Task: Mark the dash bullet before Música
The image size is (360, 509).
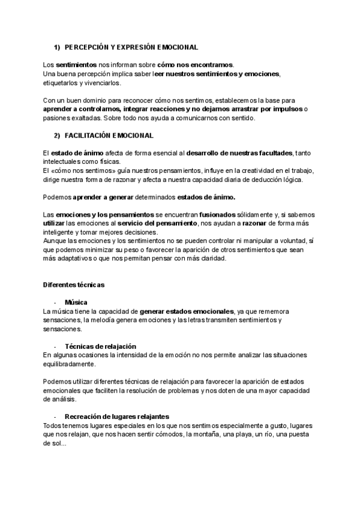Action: pyautogui.click(x=55, y=303)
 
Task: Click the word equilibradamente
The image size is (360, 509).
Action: pyautogui.click(x=69, y=364)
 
